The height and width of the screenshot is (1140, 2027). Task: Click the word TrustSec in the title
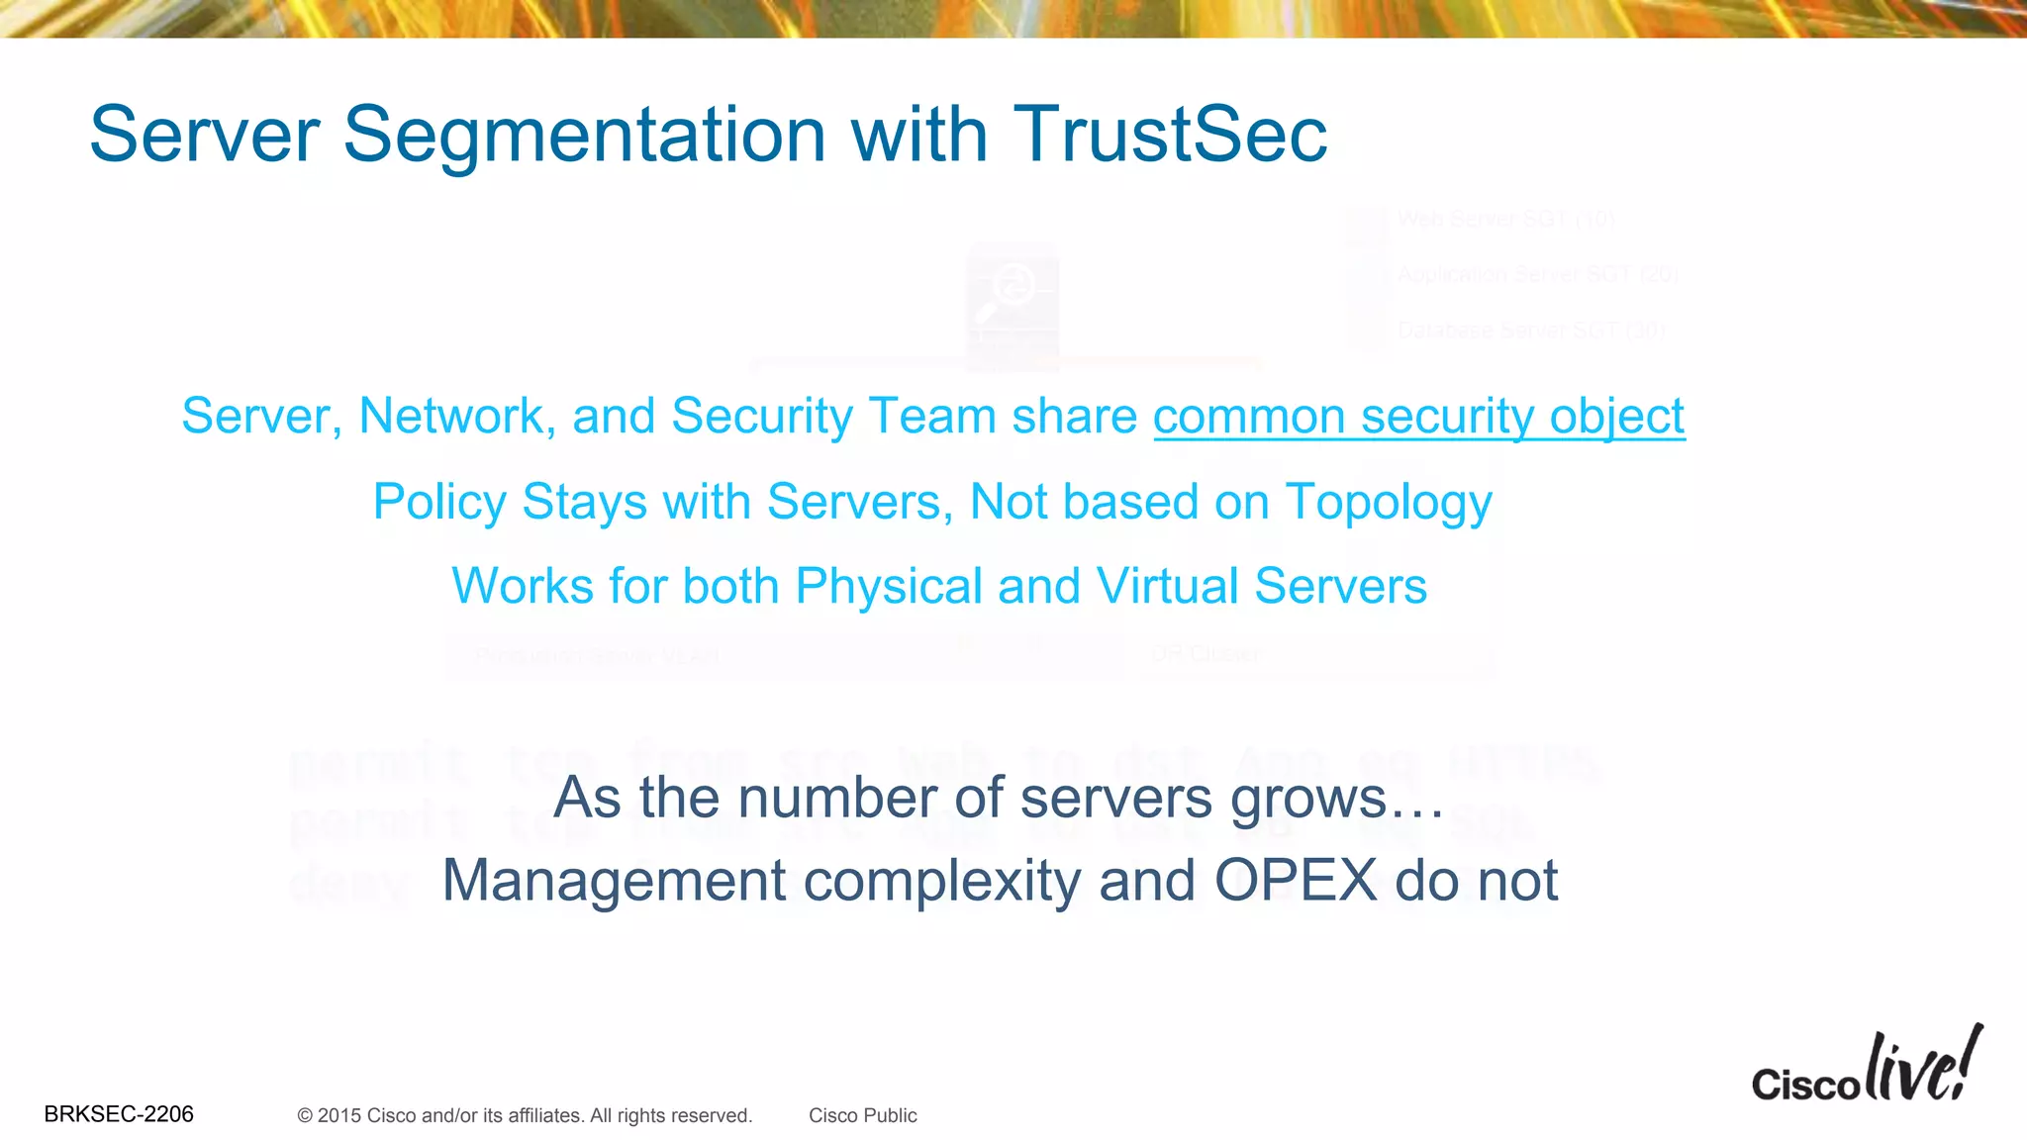point(1170,135)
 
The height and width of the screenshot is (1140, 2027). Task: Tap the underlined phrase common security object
point(1418,417)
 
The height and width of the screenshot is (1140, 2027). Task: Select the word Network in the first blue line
point(450,417)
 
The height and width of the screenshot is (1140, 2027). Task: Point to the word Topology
point(1388,503)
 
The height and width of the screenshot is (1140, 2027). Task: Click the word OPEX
point(1296,880)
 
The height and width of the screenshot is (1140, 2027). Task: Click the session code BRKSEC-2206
point(119,1114)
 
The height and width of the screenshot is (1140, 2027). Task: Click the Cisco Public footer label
point(862,1116)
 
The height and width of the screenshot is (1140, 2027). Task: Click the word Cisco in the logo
point(1805,1084)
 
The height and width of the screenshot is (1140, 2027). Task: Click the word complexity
point(942,880)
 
